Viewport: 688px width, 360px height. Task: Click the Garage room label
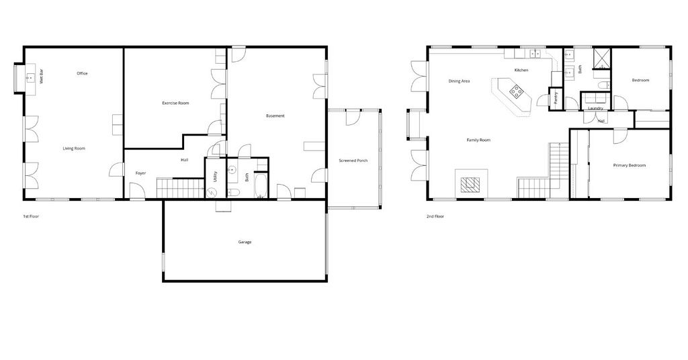[x=245, y=242]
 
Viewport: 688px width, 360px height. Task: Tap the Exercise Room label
[x=175, y=103]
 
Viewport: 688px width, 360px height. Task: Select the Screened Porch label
[x=353, y=161]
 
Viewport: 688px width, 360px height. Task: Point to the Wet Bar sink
[x=30, y=78]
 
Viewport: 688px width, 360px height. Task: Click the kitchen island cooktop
[x=516, y=91]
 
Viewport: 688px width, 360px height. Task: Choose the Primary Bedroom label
[x=629, y=165]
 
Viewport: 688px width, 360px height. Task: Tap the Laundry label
[x=595, y=108]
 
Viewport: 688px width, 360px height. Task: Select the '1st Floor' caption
[x=31, y=216]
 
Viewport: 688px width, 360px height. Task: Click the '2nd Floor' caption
[x=435, y=216]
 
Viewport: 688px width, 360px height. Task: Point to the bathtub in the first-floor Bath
[x=260, y=186]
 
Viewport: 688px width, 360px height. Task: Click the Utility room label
[x=215, y=177]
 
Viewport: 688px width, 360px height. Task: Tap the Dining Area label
[x=459, y=81]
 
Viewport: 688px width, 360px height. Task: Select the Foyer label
[x=140, y=173]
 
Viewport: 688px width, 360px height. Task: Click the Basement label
[x=275, y=116]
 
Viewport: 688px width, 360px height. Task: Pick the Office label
[x=82, y=73]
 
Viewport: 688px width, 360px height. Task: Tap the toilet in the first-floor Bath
[x=233, y=192]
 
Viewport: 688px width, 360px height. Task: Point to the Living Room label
[x=74, y=148]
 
